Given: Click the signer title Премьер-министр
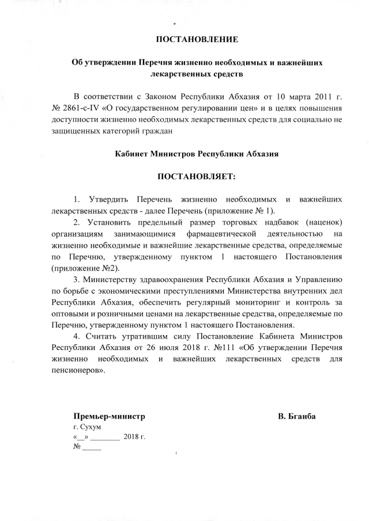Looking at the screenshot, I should pyautogui.click(x=108, y=416).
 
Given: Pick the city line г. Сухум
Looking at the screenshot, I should pyautogui.click(x=86, y=427).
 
